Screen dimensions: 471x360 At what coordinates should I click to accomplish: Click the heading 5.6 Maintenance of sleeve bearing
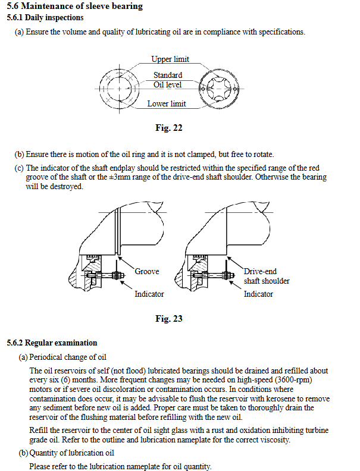(x=74, y=7)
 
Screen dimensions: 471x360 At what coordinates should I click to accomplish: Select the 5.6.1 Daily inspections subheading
(x=45, y=18)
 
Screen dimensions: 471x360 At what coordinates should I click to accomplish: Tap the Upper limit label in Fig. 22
(x=170, y=59)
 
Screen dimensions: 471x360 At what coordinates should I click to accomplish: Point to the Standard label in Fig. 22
(x=168, y=76)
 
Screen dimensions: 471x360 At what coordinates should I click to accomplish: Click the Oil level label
(x=168, y=85)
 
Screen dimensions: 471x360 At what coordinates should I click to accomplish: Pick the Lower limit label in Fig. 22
(x=167, y=104)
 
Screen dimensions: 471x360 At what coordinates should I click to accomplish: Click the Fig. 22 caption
(x=168, y=128)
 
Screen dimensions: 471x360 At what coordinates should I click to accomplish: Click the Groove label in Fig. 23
(x=147, y=272)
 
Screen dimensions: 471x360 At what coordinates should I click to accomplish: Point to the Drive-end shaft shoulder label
(x=266, y=276)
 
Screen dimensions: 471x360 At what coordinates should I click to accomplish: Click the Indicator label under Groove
(x=149, y=294)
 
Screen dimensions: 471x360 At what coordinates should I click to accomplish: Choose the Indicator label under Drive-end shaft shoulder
(x=258, y=294)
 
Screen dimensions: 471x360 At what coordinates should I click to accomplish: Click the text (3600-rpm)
(x=292, y=379)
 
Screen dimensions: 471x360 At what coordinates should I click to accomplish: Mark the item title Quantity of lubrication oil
(x=71, y=453)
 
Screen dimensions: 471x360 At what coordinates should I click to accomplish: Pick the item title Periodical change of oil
(x=68, y=357)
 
